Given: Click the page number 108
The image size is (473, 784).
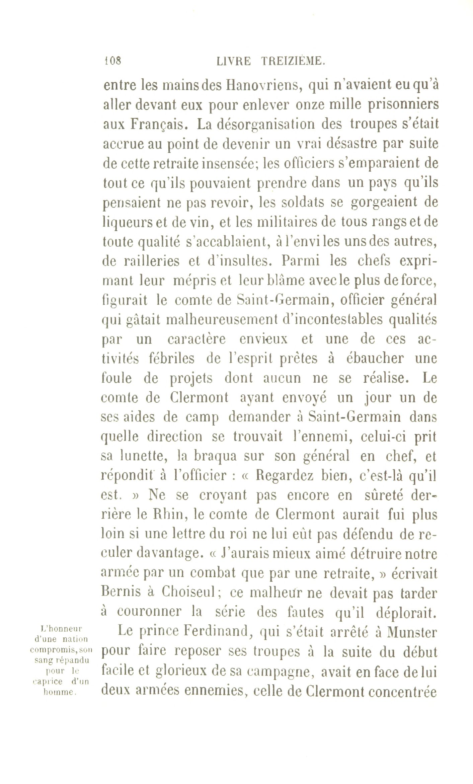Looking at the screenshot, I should (112, 61).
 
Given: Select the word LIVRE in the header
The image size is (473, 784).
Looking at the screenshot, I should (233, 61).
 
